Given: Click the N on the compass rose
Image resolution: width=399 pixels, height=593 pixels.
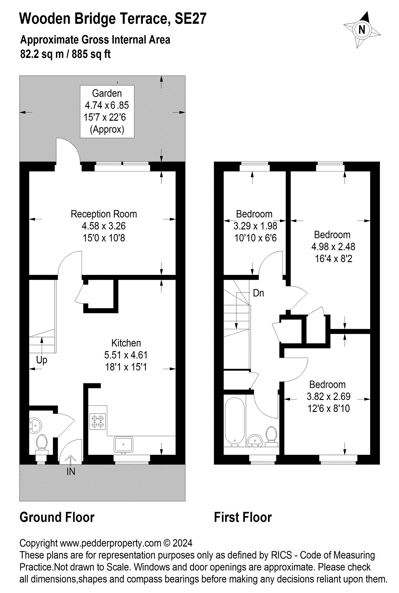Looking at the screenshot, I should pos(362,30).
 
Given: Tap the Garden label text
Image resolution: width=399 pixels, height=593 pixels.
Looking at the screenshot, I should pos(107,93).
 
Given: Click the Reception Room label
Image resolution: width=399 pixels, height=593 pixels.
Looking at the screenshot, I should pos(104,214).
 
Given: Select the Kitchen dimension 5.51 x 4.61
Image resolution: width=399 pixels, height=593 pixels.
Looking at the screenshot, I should pos(126,355).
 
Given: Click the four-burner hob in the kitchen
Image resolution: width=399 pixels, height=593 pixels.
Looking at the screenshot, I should pos(98,422).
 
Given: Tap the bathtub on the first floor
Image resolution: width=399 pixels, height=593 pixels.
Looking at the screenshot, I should pos(235,422).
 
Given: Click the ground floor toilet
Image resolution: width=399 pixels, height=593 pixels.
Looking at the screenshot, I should pos(41,443).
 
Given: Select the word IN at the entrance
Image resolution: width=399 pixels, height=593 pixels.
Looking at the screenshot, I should pos(71,471).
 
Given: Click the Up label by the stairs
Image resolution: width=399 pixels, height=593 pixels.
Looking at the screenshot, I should pos(42,360).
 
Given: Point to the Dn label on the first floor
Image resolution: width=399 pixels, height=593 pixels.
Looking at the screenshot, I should pos(258,293).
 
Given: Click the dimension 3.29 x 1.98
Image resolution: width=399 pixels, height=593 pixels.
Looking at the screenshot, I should pos(255,226).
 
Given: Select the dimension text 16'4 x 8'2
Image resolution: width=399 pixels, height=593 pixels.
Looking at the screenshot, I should pos(333,259).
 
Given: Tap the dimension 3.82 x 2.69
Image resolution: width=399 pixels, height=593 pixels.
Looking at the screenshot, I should pos(328,396).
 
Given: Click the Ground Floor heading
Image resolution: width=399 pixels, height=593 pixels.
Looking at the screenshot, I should pos(57,517).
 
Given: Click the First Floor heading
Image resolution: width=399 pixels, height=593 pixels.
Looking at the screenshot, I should pos(243,517).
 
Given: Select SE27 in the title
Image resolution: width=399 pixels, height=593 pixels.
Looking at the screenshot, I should pos(190,19).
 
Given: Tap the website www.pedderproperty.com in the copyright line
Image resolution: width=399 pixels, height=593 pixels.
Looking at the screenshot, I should pos(110,543).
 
